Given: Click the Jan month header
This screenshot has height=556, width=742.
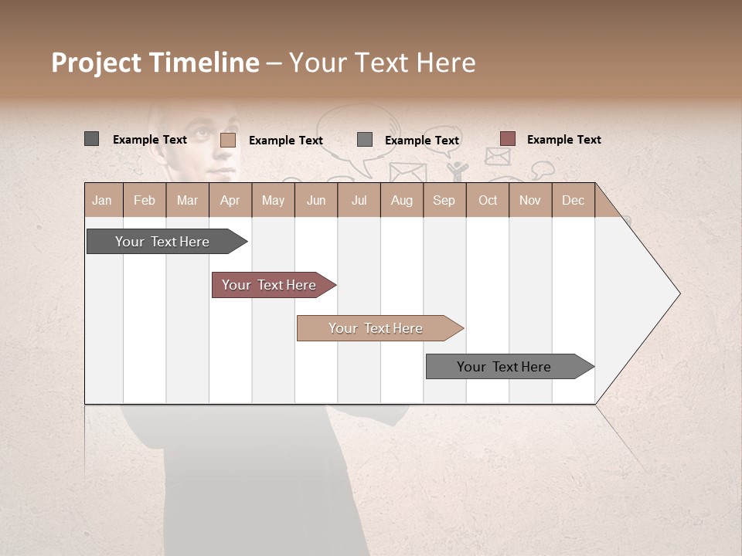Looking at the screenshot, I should click(102, 200).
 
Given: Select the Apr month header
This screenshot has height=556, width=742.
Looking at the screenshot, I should click(230, 200).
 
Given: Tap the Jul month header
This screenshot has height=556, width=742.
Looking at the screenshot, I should click(359, 200).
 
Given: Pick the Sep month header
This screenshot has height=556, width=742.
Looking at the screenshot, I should click(444, 200).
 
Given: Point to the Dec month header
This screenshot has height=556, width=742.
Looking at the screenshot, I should click(573, 200).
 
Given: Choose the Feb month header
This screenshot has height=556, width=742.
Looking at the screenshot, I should click(145, 200).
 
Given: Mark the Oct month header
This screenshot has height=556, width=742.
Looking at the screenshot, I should click(488, 200).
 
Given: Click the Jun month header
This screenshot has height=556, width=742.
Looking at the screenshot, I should click(316, 200).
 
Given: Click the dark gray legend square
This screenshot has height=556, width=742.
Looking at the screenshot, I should click(91, 139).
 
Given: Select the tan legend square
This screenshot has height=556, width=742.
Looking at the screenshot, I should click(228, 140).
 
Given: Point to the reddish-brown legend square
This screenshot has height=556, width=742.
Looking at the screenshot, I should click(507, 139).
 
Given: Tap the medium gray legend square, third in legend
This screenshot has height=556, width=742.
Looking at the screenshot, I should click(365, 139).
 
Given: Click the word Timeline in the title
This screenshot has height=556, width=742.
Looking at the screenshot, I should click(203, 63).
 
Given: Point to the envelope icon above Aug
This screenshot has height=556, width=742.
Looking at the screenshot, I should click(407, 172).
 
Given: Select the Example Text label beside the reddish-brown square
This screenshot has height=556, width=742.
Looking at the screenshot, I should click(563, 139).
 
